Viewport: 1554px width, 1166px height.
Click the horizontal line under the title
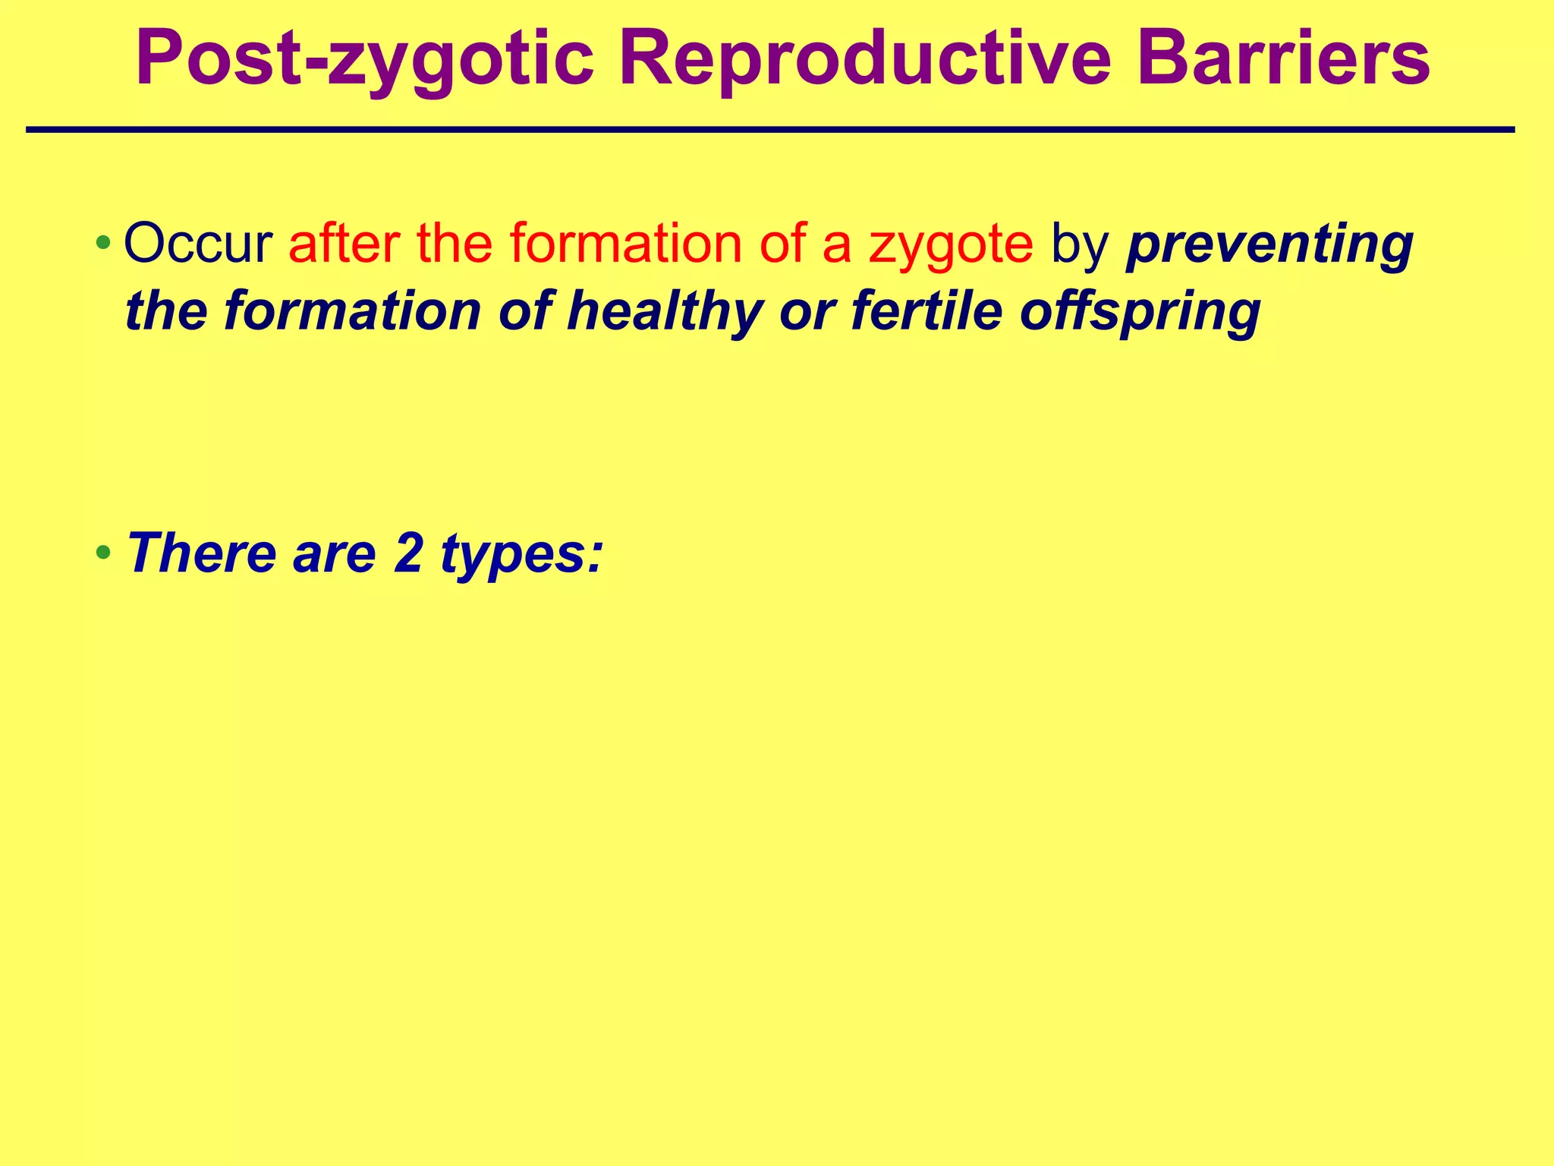coord(770,131)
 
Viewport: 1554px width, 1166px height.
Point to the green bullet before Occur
coord(103,244)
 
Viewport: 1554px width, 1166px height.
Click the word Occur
coord(198,244)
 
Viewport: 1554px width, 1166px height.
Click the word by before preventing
coord(1079,244)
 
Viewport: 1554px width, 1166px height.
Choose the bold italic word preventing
coord(1269,244)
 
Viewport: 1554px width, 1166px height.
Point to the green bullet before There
coord(103,553)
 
